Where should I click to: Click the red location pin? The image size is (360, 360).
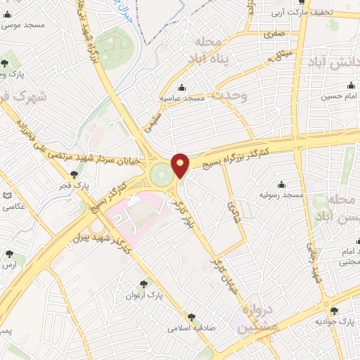181,165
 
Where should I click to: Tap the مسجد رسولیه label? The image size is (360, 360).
281,193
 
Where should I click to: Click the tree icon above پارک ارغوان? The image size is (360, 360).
145,284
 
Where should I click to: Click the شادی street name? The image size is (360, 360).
231,207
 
